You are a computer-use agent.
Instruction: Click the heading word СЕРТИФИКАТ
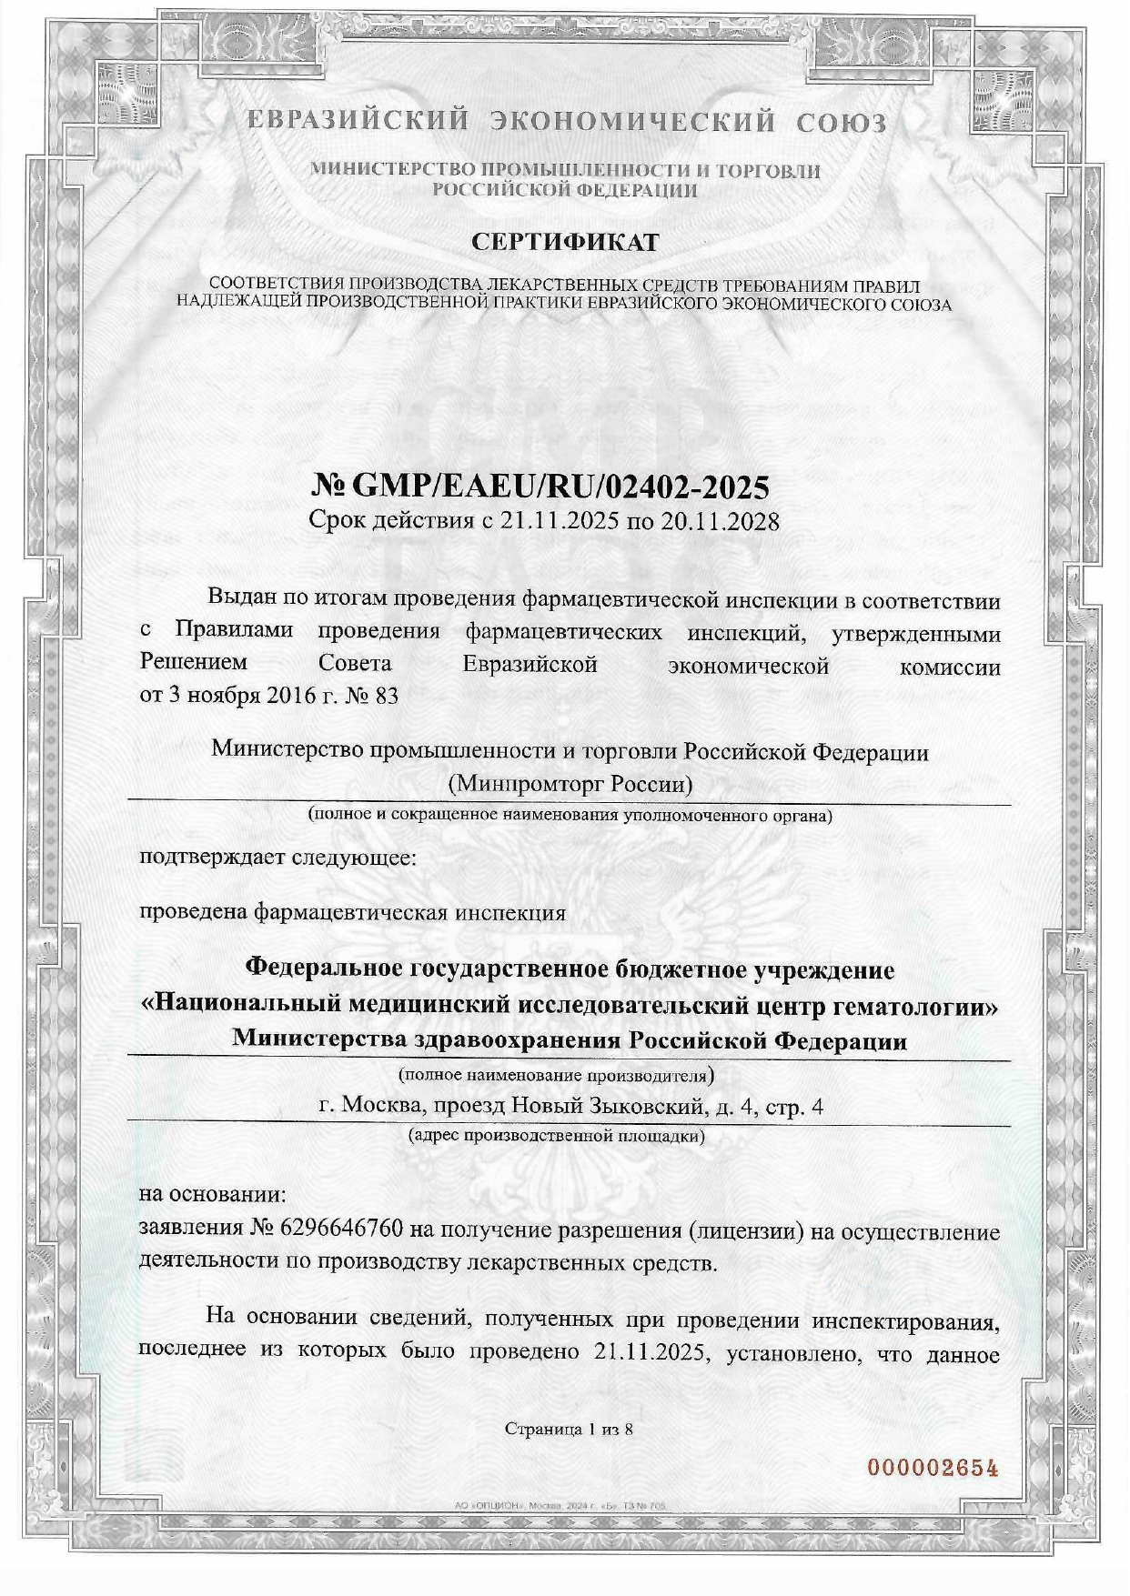coord(564,243)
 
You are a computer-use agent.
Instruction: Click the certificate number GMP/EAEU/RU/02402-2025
coord(560,487)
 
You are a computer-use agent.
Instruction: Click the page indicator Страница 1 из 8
coord(569,1429)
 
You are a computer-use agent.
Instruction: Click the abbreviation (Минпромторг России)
coord(570,783)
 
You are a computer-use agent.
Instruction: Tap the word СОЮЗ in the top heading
coord(842,123)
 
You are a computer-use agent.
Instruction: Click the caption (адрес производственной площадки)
coord(557,1136)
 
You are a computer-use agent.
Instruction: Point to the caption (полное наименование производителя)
coord(556,1075)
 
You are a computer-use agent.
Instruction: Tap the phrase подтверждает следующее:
coord(277,857)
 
